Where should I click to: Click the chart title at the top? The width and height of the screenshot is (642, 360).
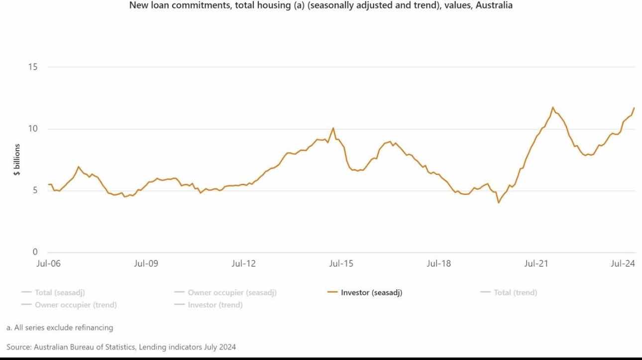point(321,6)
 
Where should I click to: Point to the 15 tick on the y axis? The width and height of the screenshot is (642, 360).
point(33,67)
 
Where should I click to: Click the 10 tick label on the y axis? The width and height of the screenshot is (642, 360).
point(33,129)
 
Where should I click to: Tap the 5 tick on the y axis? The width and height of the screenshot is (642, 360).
point(35,191)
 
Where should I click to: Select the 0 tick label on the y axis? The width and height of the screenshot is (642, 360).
point(35,252)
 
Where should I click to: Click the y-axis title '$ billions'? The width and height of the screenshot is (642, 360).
point(17,160)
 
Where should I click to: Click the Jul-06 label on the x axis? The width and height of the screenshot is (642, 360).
point(48,264)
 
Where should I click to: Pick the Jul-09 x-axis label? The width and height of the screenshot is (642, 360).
point(146,264)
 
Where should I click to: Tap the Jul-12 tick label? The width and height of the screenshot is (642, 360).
point(243,264)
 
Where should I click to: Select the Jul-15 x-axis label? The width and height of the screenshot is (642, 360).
point(341,264)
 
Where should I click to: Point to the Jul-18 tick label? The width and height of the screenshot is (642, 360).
point(438,264)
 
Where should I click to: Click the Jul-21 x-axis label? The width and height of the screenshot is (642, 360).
point(536,264)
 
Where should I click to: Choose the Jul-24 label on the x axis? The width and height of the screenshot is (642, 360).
point(623,264)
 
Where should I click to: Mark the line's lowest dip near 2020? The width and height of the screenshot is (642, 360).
point(498,203)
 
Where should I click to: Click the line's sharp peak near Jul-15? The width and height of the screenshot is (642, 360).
point(333,128)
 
